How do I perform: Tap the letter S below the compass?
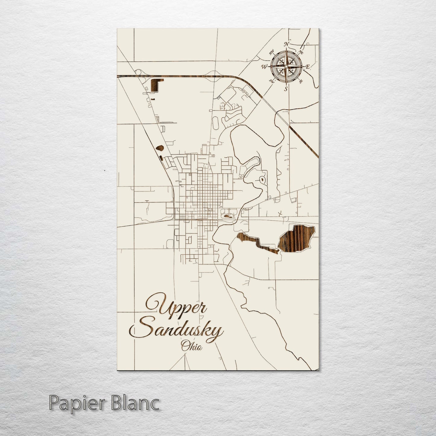[x=285, y=89]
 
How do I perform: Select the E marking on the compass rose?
[x=308, y=67]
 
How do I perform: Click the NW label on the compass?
[x=271, y=51]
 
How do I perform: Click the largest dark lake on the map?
[x=297, y=237]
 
